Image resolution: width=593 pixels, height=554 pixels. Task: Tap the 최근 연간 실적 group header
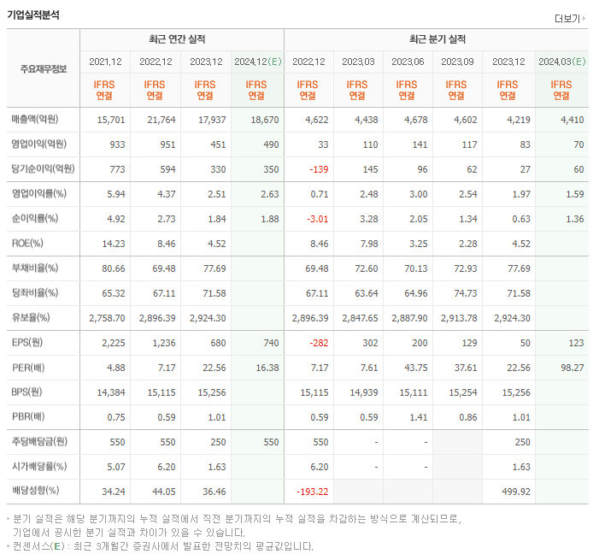click(182, 39)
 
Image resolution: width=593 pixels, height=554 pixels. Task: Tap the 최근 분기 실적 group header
click(437, 39)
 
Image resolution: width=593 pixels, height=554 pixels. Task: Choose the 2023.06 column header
click(408, 62)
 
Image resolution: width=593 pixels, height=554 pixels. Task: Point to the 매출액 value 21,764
click(156, 121)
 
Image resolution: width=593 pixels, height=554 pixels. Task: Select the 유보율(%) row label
click(31, 317)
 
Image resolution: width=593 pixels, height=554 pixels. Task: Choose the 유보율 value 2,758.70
click(107, 317)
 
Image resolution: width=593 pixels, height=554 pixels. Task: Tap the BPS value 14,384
click(109, 392)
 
